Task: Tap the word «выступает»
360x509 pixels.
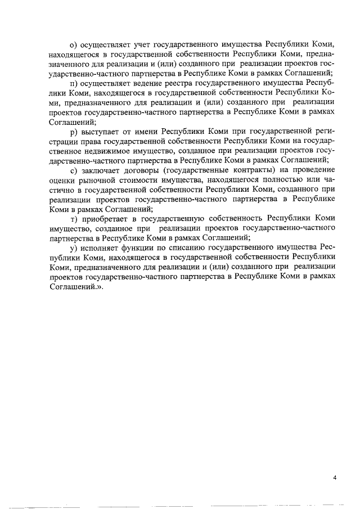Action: click(102, 131)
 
